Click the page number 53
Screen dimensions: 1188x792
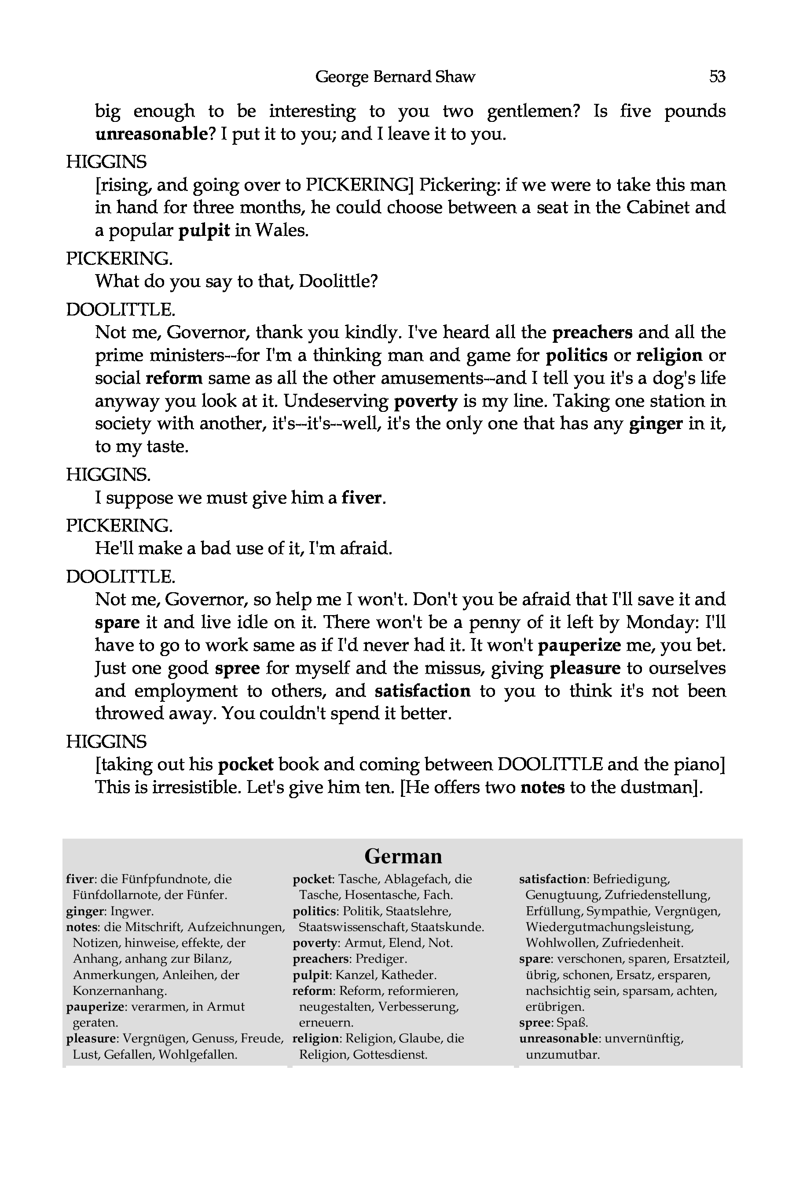[x=717, y=77]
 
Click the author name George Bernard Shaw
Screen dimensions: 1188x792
[x=395, y=77]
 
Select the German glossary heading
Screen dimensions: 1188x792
[x=403, y=856]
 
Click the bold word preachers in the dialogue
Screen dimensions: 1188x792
[x=592, y=332]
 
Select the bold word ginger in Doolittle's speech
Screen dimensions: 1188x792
[x=656, y=423]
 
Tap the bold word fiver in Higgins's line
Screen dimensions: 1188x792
[x=361, y=498]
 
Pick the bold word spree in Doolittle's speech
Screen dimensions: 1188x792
[x=237, y=668]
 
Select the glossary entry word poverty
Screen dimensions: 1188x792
[x=315, y=943]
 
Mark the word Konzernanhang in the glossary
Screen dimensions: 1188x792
[x=120, y=991]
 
